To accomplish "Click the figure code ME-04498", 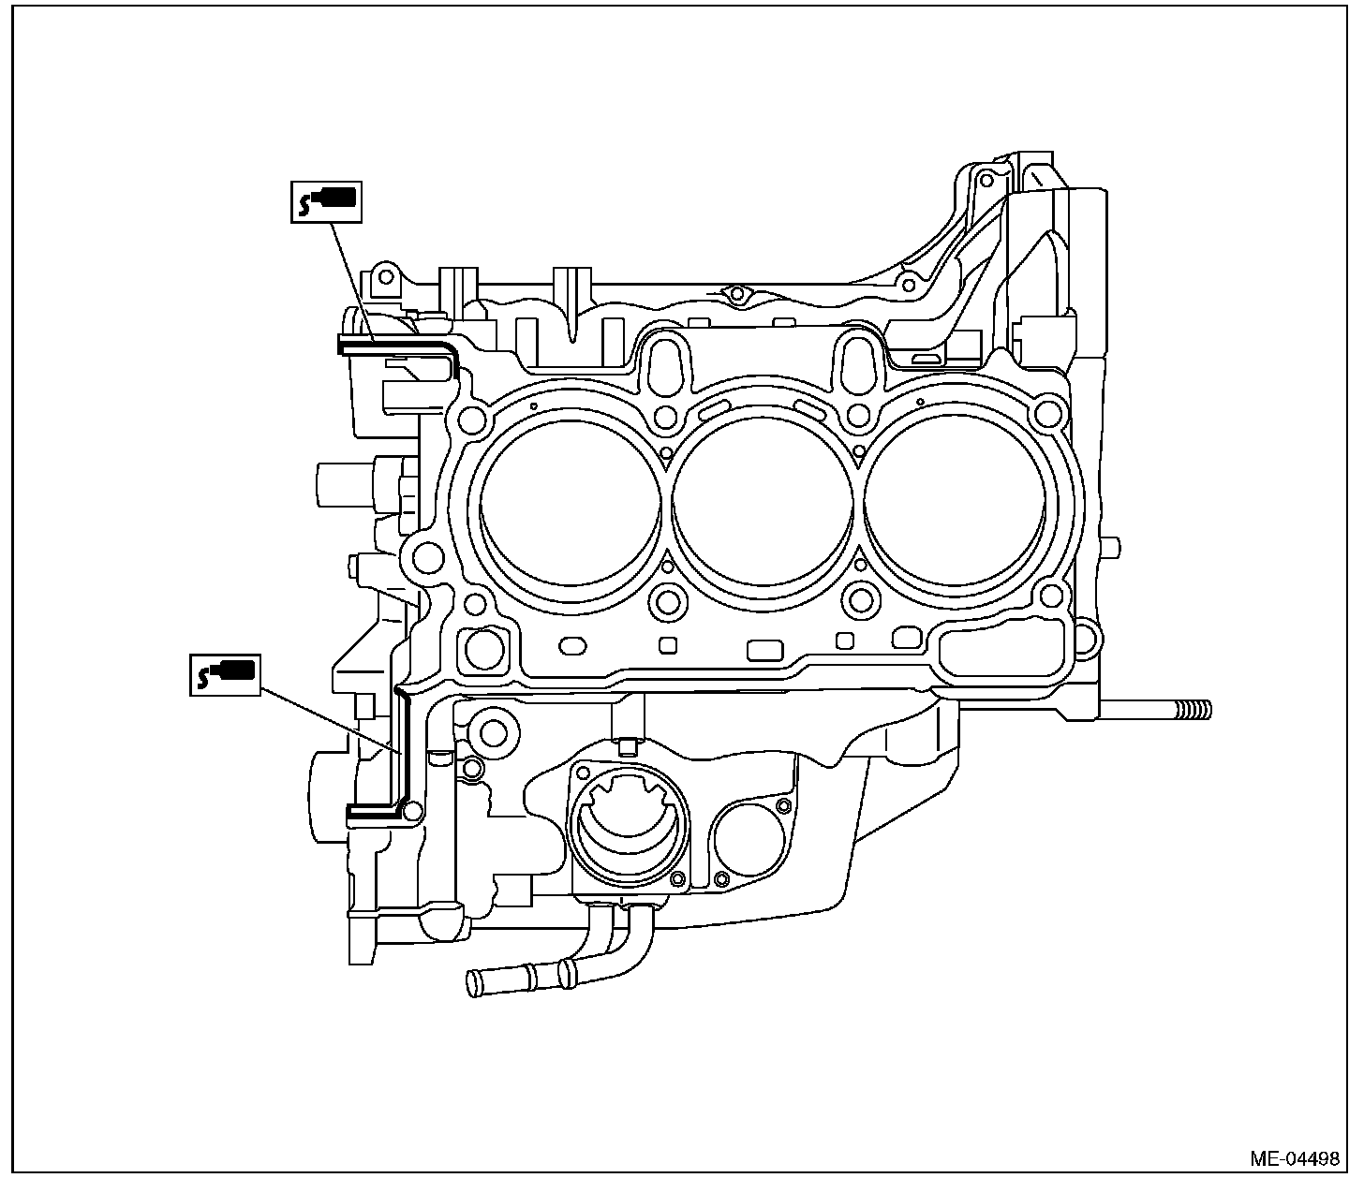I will (x=1294, y=1158).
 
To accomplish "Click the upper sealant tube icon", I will (x=325, y=200).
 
